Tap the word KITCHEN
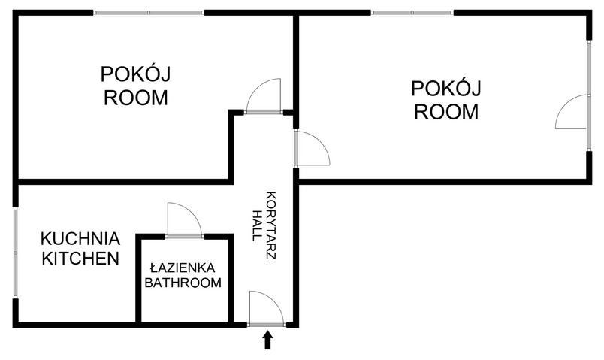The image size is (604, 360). coord(80,259)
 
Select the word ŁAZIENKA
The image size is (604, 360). coord(183,268)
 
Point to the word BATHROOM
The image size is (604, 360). coord(183,283)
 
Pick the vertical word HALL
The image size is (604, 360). coord(258,224)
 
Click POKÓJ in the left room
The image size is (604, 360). coord(135,74)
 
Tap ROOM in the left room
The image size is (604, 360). coord(135,98)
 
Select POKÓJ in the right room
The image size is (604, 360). coord(446,89)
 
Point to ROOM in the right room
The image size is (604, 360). coord(446,112)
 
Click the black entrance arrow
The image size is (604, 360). coord(267,341)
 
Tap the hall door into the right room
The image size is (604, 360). coord(311,148)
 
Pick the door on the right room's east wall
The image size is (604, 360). coord(572,112)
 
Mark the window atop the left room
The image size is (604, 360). coord(149,13)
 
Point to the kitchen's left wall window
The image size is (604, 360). coord(14,252)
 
